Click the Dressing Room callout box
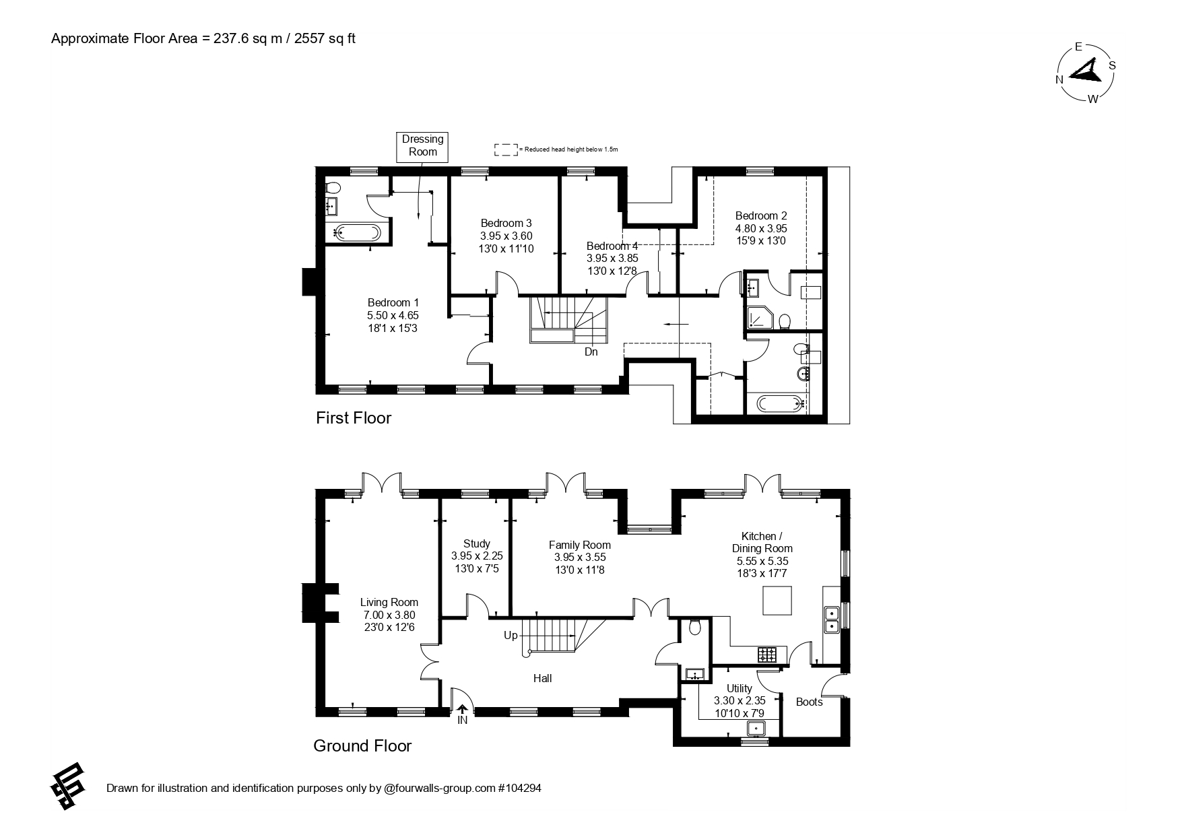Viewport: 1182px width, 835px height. click(x=422, y=145)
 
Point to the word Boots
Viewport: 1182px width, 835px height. click(x=810, y=702)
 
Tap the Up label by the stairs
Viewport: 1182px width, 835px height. click(x=511, y=635)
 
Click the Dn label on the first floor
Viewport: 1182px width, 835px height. click(x=591, y=352)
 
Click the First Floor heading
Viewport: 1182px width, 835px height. click(x=354, y=417)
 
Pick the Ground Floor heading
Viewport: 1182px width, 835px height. click(x=362, y=745)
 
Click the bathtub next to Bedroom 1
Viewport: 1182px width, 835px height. click(x=357, y=233)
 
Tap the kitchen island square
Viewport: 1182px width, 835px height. click(x=777, y=600)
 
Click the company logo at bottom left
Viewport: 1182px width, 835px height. click(x=68, y=787)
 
